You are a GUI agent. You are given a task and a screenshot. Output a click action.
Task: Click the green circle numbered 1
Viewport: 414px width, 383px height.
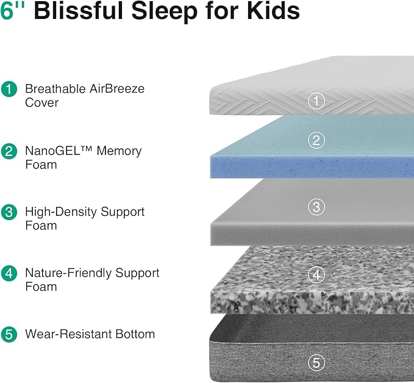click(x=9, y=89)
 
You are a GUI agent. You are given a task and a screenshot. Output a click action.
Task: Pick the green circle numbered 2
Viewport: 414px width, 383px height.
click(x=9, y=151)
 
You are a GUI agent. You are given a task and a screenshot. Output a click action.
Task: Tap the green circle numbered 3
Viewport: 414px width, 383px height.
click(x=9, y=212)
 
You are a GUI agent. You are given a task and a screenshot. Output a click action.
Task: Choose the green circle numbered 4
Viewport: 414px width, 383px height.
click(x=9, y=273)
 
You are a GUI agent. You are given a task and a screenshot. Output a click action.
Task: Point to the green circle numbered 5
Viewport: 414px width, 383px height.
click(x=9, y=334)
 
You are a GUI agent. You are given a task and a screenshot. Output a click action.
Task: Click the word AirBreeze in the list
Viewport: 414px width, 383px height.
click(x=115, y=88)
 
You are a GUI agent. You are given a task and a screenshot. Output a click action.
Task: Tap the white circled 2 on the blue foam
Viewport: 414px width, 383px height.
click(x=315, y=141)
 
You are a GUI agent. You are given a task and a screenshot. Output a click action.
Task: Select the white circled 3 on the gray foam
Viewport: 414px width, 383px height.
click(x=315, y=207)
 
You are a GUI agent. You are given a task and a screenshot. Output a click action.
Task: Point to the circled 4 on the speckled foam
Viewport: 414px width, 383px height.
click(x=315, y=275)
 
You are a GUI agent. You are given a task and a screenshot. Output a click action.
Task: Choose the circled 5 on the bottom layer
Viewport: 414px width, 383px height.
click(x=315, y=362)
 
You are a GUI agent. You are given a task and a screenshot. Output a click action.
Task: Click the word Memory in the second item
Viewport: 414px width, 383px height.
click(x=119, y=151)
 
